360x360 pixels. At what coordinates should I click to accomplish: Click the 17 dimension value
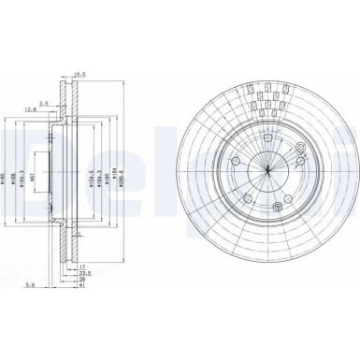click(x=82, y=267)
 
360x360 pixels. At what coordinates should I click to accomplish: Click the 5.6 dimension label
click(x=31, y=287)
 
